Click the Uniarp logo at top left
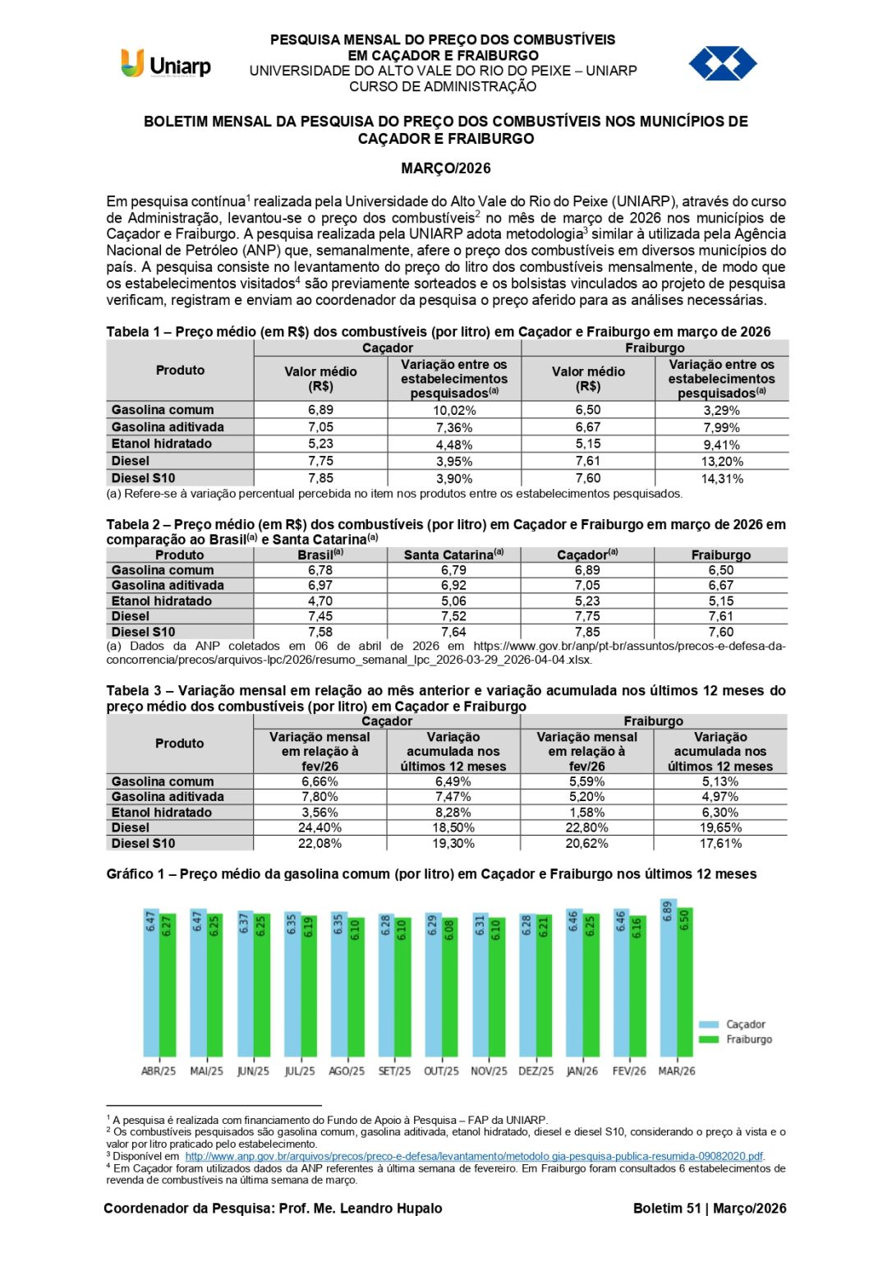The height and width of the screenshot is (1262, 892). click(166, 64)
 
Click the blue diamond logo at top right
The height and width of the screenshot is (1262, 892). click(722, 63)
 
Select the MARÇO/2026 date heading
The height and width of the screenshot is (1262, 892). click(445, 168)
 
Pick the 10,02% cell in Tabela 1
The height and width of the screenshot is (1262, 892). click(454, 411)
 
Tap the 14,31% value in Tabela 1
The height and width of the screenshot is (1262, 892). click(721, 479)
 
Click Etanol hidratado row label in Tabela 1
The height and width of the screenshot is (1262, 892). click(162, 444)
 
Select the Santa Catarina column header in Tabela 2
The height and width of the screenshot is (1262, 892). click(453, 555)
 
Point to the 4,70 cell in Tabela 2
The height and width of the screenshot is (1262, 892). click(320, 601)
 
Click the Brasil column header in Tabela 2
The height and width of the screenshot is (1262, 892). click(320, 555)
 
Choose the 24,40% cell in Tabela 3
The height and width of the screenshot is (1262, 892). click(320, 828)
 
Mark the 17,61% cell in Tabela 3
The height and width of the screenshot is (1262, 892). click(720, 844)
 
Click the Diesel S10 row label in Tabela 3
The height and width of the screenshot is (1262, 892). click(144, 844)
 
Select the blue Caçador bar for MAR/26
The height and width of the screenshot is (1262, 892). click(668, 978)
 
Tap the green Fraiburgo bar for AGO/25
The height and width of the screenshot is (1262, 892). click(355, 986)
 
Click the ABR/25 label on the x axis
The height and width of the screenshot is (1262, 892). click(159, 1071)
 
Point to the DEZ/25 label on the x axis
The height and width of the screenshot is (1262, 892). click(536, 1071)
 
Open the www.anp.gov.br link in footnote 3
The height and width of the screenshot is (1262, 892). click(474, 1156)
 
